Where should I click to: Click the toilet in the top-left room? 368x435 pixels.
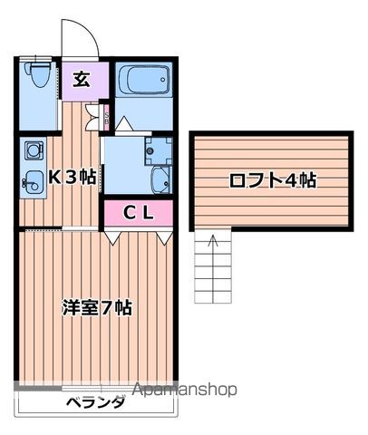[x=37, y=73]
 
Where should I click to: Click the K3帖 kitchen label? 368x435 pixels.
[x=72, y=176]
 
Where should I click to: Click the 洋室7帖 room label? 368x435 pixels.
[x=96, y=307]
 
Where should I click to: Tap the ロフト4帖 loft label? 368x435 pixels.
[x=272, y=179]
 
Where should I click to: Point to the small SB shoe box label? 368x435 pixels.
[x=106, y=116]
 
